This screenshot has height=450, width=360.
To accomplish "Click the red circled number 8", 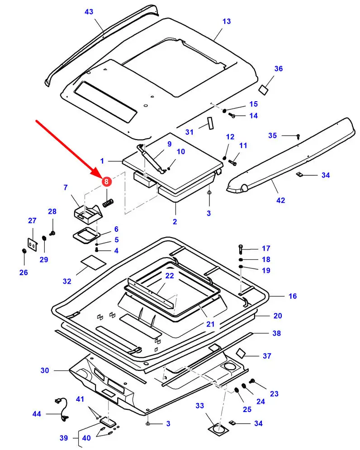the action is pos(107,181).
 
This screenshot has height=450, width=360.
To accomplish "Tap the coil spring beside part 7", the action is pos(108,202).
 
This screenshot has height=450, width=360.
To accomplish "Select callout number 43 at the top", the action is pos(89,12).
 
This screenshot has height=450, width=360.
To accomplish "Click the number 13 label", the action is pos(227,21).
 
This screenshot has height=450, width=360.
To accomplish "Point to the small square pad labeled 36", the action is pos(264,89).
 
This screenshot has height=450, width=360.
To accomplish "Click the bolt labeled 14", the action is pos(232,116).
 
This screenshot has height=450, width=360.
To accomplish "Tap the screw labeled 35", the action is pos(298,136).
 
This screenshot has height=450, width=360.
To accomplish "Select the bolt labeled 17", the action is pos(241,249).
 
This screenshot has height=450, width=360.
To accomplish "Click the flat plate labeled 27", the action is pos(33,245).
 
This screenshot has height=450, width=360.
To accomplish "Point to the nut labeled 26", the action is pos(24,251).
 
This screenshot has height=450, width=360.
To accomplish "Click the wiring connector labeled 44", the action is pos(62,409).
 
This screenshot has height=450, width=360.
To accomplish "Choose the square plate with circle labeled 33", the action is pos(218,429).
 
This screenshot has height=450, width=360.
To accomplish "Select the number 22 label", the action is pos(170,276).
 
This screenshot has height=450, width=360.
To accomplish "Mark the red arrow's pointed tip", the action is pos(103,176).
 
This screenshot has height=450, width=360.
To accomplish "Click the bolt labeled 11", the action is pos(232,163).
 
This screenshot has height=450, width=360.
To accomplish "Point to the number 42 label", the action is pos(280,200).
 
